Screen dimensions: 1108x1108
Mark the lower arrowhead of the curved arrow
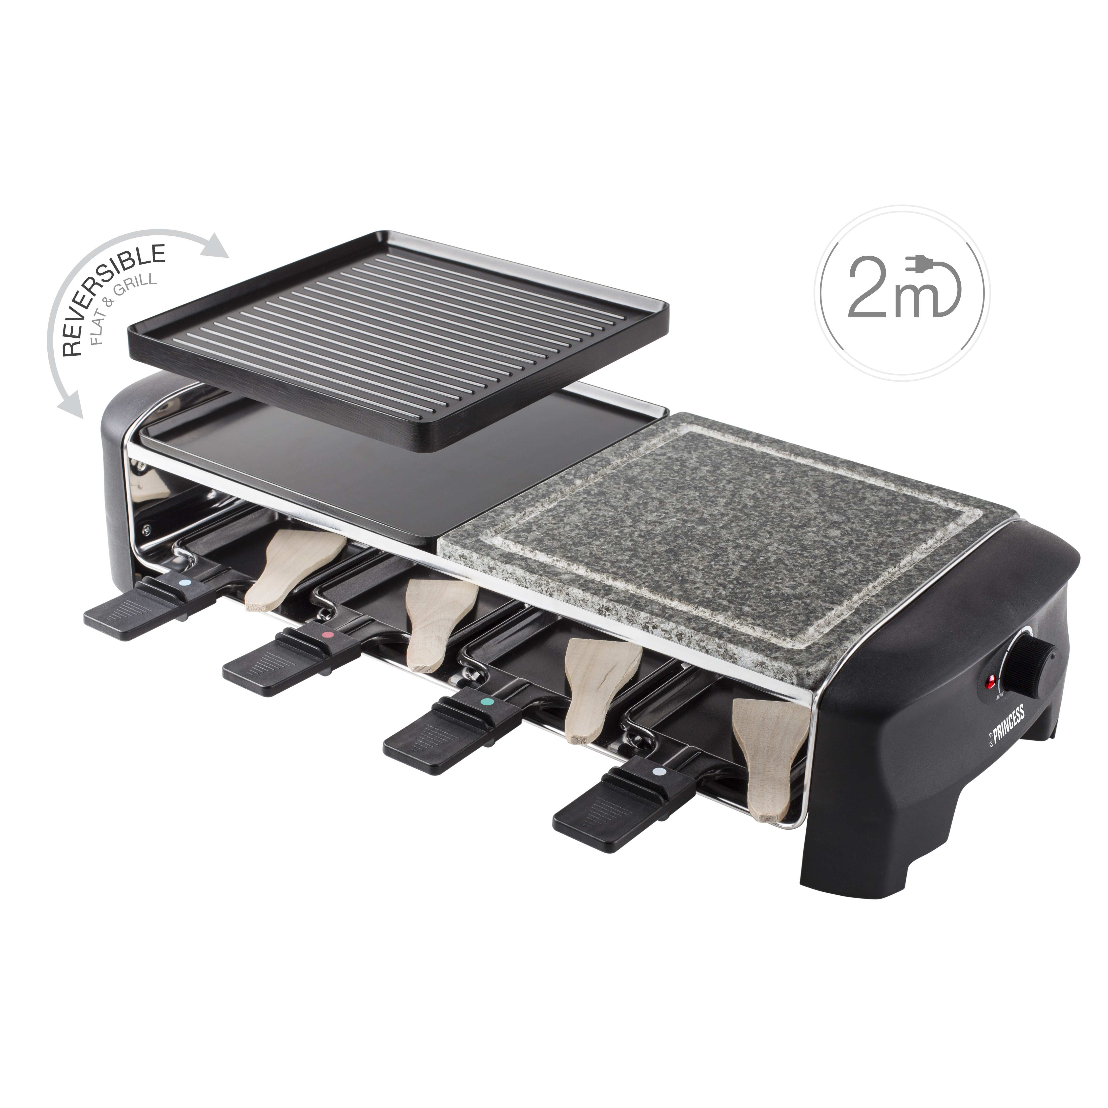(72, 407)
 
